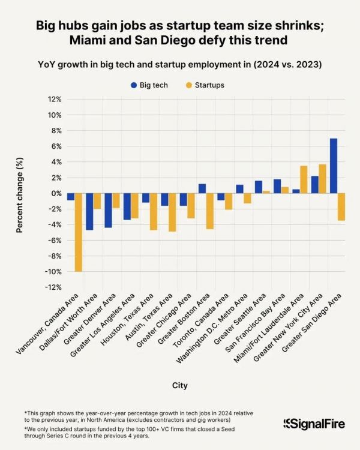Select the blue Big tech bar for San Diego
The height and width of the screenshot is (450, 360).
pos(334,166)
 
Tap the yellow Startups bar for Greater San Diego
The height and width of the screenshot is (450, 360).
pos(341,207)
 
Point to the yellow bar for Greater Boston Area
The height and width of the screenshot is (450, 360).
pos(210,211)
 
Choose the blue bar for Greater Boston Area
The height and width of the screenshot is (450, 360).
pos(202,188)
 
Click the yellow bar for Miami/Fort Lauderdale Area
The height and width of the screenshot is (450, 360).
pos(304,179)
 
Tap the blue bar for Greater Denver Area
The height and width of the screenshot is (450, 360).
pos(108,211)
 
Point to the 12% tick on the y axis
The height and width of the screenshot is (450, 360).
pos(55,99)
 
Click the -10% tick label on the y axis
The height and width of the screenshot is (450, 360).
pos(52,272)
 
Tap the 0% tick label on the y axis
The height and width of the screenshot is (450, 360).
pos(56,193)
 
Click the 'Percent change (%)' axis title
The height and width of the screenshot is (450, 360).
pos(20,193)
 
